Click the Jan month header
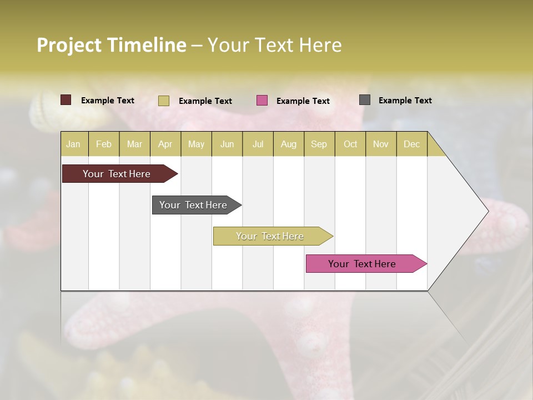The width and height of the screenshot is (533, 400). (x=73, y=144)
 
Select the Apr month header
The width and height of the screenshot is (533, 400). (x=165, y=144)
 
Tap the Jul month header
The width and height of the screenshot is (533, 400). (x=258, y=144)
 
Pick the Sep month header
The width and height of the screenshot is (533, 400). (x=319, y=144)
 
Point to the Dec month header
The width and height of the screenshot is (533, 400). (x=411, y=144)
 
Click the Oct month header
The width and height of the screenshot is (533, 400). (x=350, y=144)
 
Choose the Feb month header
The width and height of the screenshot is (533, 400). (x=104, y=144)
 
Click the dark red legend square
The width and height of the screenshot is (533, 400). (x=66, y=100)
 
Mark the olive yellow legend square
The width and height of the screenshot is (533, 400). (x=164, y=101)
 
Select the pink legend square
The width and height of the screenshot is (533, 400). (x=262, y=101)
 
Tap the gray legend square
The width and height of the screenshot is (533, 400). (x=365, y=100)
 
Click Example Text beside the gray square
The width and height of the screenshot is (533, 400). (x=405, y=101)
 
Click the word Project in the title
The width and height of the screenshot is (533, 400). (x=69, y=45)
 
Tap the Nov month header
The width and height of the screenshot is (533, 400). (x=381, y=144)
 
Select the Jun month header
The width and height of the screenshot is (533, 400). (x=227, y=144)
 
